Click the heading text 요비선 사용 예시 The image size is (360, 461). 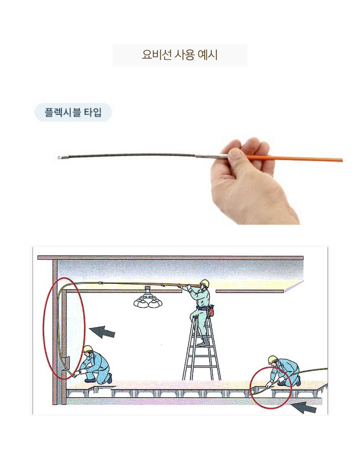(180, 55)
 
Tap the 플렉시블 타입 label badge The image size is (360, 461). (73, 112)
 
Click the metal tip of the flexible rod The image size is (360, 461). (60, 158)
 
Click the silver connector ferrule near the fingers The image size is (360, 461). (211, 155)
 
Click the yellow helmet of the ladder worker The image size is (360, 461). (204, 283)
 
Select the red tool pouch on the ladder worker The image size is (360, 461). (210, 311)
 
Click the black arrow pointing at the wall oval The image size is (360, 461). (102, 332)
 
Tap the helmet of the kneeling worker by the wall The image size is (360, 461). (88, 349)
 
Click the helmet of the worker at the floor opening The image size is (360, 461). (273, 359)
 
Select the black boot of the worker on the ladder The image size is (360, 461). (204, 341)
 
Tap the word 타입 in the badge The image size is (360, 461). (93, 112)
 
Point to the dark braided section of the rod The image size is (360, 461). (129, 155)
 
